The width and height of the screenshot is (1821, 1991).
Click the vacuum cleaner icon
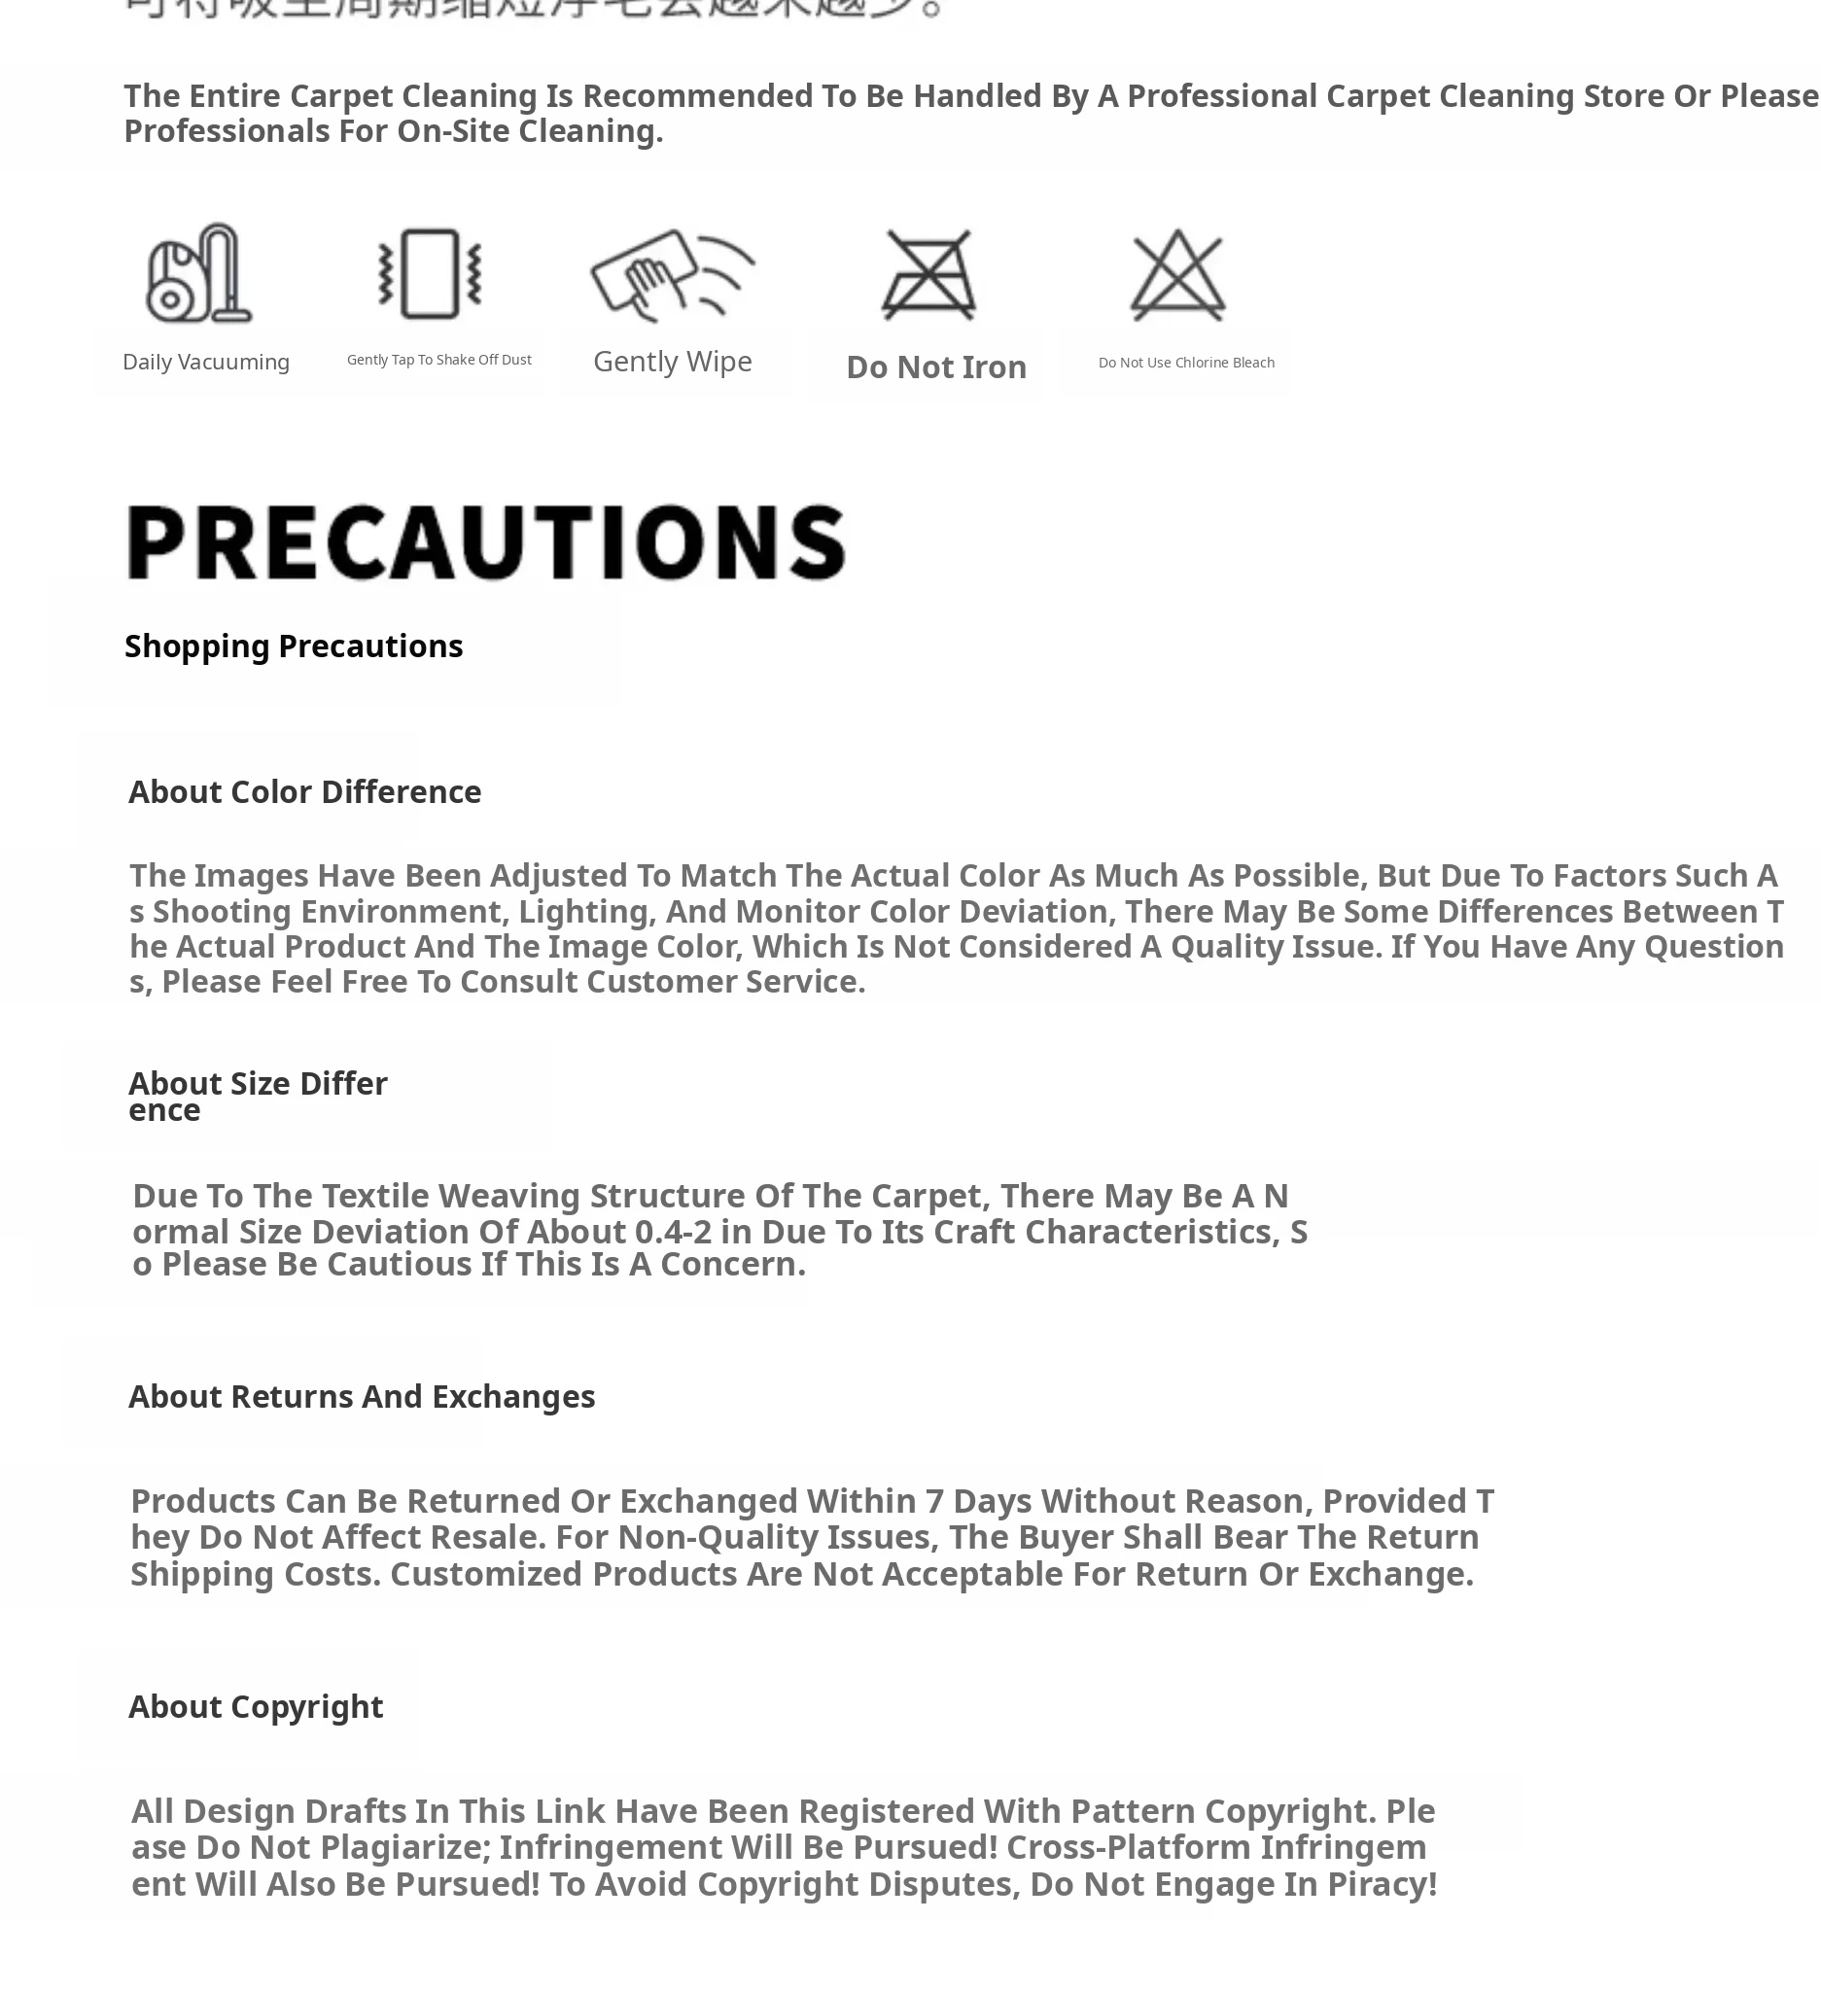click(198, 273)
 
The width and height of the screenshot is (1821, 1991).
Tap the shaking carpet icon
click(431, 273)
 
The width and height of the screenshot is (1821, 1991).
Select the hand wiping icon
click(672, 273)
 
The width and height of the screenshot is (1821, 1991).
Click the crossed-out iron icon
click(928, 275)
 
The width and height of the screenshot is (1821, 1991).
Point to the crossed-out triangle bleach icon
click(1177, 275)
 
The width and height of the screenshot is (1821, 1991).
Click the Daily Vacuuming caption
click(205, 363)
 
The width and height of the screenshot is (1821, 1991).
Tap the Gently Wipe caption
click(673, 362)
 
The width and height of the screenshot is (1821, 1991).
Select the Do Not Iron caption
click(936, 367)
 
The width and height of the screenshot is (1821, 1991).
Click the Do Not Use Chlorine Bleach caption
click(1186, 363)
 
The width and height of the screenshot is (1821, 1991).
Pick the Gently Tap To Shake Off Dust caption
click(438, 360)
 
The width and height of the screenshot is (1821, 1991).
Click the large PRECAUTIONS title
click(486, 542)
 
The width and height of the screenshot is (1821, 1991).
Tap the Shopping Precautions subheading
click(294, 646)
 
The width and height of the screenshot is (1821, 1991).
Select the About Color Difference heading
click(304, 792)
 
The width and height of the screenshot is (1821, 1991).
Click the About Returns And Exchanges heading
click(362, 1396)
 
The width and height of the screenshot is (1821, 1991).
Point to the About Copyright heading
click(255, 1706)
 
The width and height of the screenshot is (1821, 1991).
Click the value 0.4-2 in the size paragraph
click(673, 1232)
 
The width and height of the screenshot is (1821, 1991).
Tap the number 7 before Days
click(933, 1501)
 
